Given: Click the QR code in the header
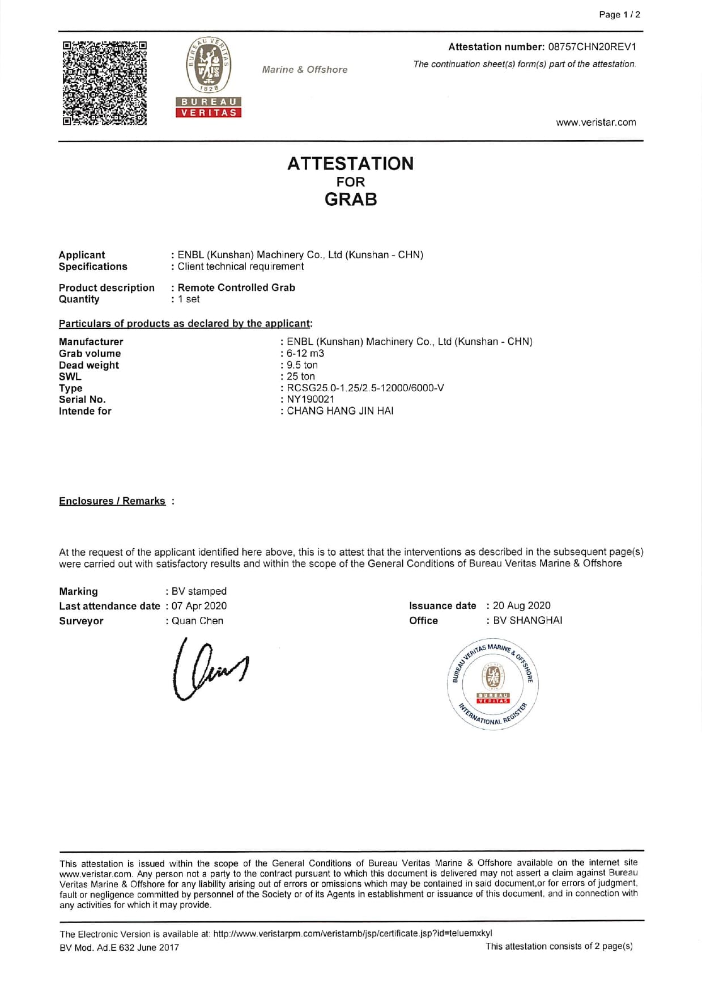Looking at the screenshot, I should (104, 83).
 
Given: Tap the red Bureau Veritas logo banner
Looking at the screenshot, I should (209, 107).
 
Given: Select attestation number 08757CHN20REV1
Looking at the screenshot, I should (592, 46).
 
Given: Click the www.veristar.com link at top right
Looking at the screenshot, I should (595, 122).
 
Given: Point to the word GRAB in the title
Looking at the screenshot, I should (351, 200).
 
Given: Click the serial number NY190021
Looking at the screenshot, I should (310, 399).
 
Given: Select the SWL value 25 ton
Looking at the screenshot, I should (300, 376).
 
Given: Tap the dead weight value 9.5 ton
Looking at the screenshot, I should (302, 365).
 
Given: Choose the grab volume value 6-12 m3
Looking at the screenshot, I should (305, 353).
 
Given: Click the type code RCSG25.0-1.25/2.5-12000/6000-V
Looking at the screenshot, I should (365, 388).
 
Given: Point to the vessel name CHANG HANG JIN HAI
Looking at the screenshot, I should (340, 411).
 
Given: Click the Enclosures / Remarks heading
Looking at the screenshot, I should (112, 501).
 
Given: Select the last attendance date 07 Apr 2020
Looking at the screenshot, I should (199, 606).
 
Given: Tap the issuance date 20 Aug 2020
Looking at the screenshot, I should (521, 605).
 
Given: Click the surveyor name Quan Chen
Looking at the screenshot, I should (197, 621).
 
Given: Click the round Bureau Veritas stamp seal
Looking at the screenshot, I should (493, 685).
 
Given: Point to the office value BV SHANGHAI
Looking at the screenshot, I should (527, 620).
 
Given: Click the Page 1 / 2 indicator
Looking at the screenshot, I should (619, 15).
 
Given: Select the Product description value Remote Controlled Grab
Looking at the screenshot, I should (236, 287).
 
